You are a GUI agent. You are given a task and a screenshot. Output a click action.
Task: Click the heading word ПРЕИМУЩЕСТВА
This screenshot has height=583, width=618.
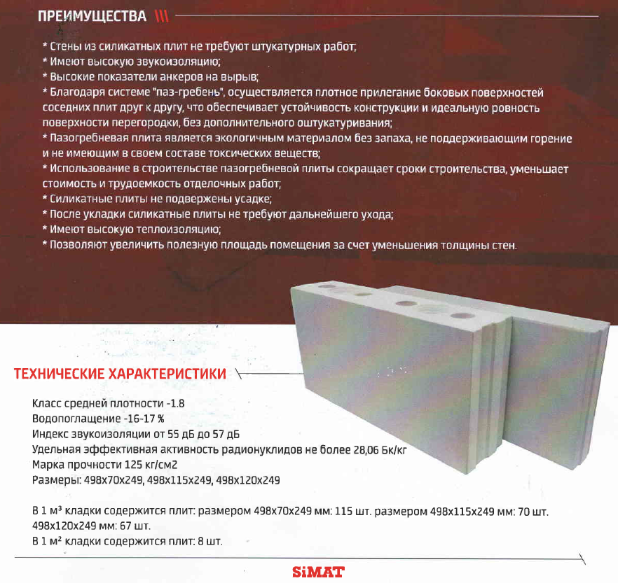pyautogui.click(x=92, y=16)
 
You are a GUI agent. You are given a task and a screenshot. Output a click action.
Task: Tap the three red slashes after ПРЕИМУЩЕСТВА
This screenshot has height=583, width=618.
pyautogui.click(x=162, y=16)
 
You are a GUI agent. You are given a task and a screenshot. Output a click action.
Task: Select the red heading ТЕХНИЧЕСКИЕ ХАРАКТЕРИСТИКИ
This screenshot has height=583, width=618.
pyautogui.click(x=120, y=374)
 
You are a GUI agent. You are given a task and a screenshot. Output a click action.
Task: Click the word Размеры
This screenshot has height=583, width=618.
pyautogui.click(x=56, y=481)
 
